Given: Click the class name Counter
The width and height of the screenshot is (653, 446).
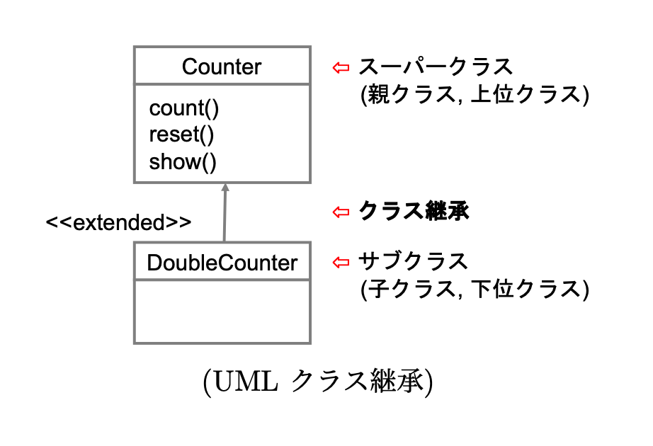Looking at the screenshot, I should [222, 67].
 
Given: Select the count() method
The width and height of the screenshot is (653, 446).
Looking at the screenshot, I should [184, 109].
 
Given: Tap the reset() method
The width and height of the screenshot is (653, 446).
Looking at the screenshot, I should [181, 135].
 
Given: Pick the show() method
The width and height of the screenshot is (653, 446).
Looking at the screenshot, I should [182, 162].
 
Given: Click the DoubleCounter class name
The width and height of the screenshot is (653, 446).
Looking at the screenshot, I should [222, 263].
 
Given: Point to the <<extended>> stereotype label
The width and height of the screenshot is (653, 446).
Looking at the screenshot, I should [118, 222].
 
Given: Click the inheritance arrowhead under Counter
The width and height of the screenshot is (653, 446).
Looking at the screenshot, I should [225, 188].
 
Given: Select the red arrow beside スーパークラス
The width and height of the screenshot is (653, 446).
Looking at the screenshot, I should [341, 67].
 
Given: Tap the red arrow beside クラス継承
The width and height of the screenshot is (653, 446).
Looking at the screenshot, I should [341, 211].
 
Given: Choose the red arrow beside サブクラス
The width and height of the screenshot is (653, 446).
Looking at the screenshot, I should [341, 263].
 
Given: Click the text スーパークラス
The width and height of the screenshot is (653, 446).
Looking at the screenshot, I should [436, 67].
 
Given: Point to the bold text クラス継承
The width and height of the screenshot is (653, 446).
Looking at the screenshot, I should [414, 211].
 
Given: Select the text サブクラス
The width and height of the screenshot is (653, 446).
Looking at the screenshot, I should [414, 263].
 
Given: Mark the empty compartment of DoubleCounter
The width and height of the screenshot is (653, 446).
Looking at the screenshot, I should [222, 311].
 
